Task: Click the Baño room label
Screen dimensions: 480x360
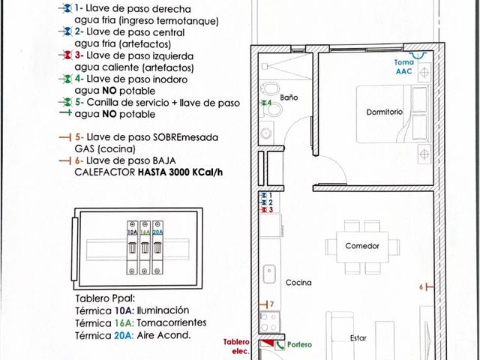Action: pos(289,97)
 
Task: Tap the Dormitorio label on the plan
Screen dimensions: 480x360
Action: pos(384,112)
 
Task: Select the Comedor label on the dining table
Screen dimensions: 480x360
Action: pos(362,246)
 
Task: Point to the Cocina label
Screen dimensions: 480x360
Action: pos(298,282)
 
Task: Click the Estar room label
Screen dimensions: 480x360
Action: pos(358,338)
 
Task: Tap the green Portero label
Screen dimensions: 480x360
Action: pos(299,345)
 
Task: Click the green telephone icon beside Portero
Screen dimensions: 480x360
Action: pos(280,345)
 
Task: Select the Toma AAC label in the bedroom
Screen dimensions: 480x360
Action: pos(403,67)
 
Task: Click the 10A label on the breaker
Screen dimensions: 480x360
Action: pos(132,232)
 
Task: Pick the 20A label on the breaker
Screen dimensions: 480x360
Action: pos(157,232)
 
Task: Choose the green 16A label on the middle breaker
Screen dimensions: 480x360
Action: pos(145,232)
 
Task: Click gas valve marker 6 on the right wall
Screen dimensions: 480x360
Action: pos(427,286)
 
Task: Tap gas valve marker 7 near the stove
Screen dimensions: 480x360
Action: pos(266,304)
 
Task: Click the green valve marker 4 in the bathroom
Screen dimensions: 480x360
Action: pos(265,103)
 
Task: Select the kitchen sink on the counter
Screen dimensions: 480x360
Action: pos(269,274)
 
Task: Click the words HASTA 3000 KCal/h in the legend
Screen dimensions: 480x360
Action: pos(180,172)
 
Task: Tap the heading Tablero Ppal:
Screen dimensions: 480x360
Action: pos(105,298)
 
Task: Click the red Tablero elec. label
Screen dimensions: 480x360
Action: pos(236,346)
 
